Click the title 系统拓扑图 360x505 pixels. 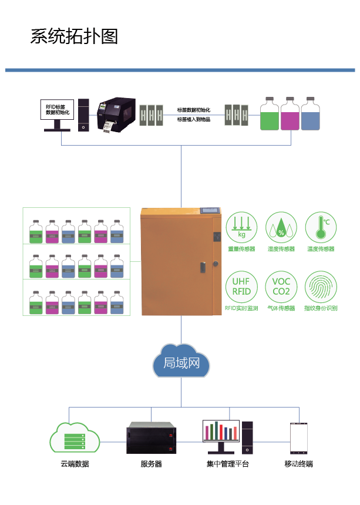[75, 36]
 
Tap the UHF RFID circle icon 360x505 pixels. [241, 286]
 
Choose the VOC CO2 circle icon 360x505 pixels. [281, 286]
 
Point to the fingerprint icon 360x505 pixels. [320, 286]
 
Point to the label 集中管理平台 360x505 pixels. [227, 464]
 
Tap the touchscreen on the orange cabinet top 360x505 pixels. [210, 209]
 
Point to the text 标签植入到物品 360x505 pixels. [194, 119]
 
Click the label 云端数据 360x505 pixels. [75, 464]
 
